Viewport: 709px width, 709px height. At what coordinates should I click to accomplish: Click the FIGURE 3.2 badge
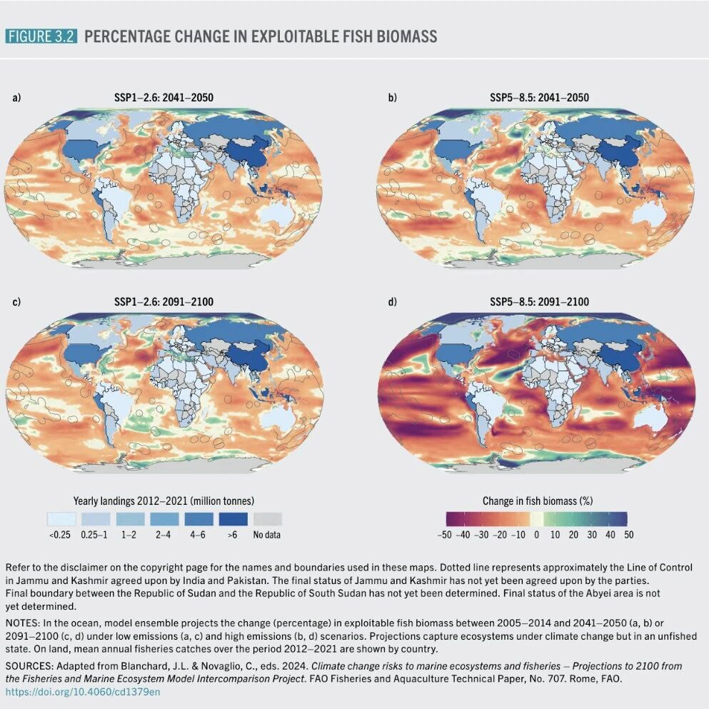[x=41, y=36]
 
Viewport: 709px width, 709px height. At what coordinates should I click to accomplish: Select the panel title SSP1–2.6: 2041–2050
[x=164, y=98]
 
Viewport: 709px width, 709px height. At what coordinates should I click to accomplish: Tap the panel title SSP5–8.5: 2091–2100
[x=540, y=301]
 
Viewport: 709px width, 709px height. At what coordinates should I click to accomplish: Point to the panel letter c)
[x=16, y=301]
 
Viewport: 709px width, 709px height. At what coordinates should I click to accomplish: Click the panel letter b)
[x=392, y=98]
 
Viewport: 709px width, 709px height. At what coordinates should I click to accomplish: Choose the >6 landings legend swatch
[x=233, y=519]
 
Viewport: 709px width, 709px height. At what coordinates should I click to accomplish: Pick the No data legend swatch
[x=268, y=519]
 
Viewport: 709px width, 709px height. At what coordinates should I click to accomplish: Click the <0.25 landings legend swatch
[x=61, y=519]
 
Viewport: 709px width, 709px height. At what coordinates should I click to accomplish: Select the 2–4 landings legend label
[x=164, y=535]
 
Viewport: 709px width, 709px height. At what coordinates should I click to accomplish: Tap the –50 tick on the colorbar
[x=445, y=535]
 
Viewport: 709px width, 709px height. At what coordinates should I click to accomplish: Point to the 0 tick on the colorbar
[x=537, y=535]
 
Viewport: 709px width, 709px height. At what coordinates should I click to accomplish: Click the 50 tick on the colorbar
[x=628, y=535]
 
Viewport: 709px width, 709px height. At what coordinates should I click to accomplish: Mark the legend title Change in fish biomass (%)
[x=538, y=501]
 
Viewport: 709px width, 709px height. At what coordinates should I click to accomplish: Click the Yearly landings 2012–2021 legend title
[x=164, y=501]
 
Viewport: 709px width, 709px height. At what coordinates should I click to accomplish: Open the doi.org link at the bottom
[x=83, y=692]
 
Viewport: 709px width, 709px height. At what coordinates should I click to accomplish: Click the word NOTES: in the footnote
[x=23, y=623]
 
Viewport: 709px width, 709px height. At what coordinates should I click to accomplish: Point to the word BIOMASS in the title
[x=407, y=36]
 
